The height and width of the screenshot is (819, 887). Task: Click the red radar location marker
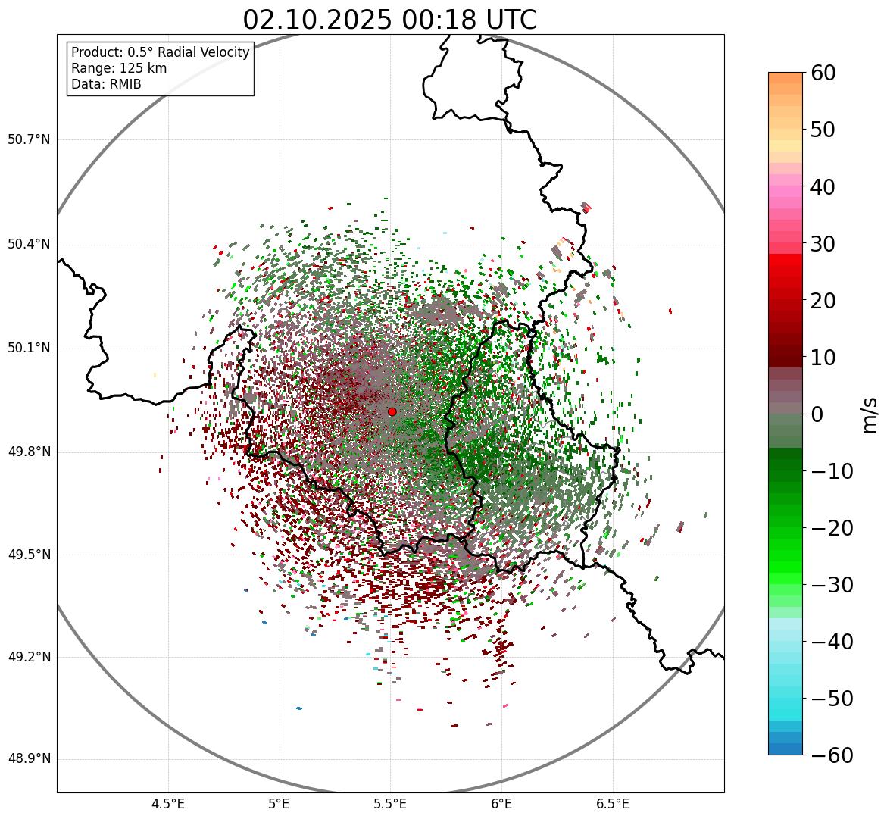point(392,411)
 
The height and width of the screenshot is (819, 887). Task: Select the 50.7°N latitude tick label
point(28,140)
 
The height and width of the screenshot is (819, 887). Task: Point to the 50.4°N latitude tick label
point(28,244)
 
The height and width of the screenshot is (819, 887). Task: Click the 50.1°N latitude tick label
point(28,349)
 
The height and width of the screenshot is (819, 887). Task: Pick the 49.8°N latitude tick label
point(28,452)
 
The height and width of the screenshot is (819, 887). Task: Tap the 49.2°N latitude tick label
point(28,657)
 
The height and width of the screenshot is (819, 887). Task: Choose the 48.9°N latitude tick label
point(28,759)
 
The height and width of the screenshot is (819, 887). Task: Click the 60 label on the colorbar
point(823,73)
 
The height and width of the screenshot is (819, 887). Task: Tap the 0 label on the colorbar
point(817,414)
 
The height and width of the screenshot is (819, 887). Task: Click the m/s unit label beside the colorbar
point(870,414)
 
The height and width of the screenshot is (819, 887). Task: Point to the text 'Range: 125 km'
point(119,68)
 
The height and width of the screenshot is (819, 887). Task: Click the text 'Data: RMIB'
point(106,84)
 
